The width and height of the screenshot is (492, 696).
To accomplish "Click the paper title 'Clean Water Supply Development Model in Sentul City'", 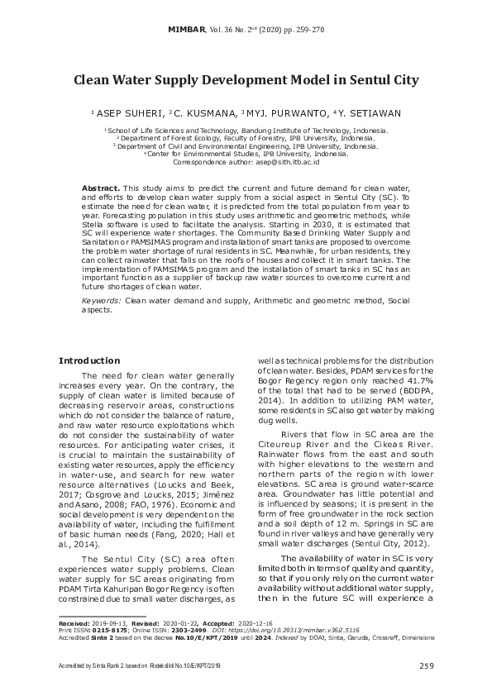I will click(246, 81).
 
